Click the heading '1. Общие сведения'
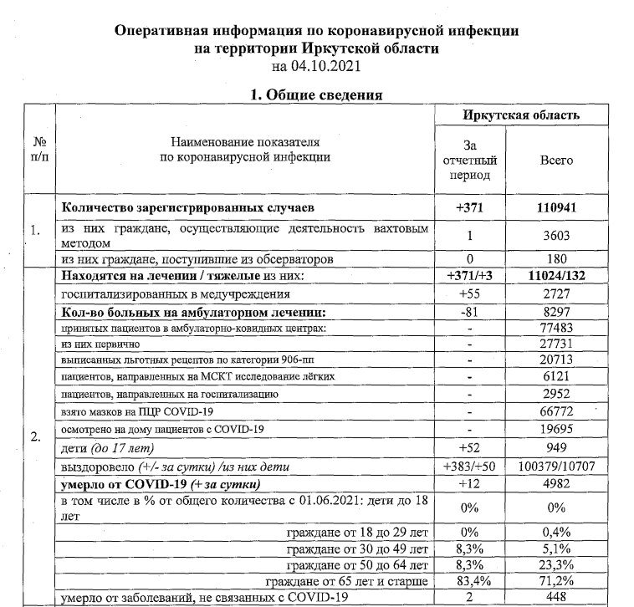pyautogui.click(x=317, y=94)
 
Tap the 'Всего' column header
pyautogui.click(x=556, y=160)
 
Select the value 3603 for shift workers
pyautogui.click(x=557, y=237)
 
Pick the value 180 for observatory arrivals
pyautogui.click(x=557, y=259)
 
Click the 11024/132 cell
pyautogui.click(x=557, y=277)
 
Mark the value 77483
pyautogui.click(x=557, y=329)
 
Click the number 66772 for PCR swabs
pyautogui.click(x=557, y=412)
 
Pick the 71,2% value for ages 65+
pyautogui.click(x=557, y=581)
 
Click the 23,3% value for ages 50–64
pyautogui.click(x=557, y=565)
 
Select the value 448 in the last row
pyautogui.click(x=557, y=597)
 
